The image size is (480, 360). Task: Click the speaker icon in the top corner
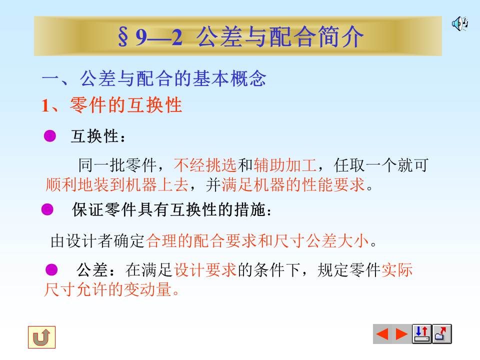pyautogui.click(x=459, y=23)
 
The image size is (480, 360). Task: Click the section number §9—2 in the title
pyautogui.click(x=149, y=37)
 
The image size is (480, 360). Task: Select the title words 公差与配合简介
pyautogui.click(x=280, y=37)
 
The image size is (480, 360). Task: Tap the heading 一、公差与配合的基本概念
pyautogui.click(x=153, y=78)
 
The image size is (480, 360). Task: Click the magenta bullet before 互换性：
pyautogui.click(x=50, y=136)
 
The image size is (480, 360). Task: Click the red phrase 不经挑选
pyautogui.click(x=205, y=165)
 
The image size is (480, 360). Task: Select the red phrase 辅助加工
pyautogui.click(x=285, y=165)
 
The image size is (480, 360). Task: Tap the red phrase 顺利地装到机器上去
pyautogui.click(x=116, y=185)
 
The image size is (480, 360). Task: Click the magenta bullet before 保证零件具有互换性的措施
pyautogui.click(x=47, y=210)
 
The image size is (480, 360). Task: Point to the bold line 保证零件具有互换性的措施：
pyautogui.click(x=172, y=210)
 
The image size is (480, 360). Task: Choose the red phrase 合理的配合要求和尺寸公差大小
pyautogui.click(x=258, y=241)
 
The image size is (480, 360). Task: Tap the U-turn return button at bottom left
pyautogui.click(x=41, y=337)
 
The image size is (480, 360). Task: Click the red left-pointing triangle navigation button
pyautogui.click(x=382, y=334)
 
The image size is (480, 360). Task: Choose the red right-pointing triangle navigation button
pyautogui.click(x=401, y=334)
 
